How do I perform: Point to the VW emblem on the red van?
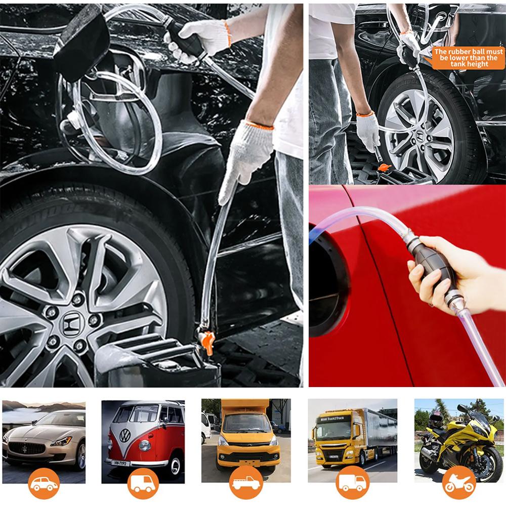(x=124, y=435)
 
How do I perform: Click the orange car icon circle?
(x=44, y=483)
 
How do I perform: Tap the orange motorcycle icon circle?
(x=458, y=483)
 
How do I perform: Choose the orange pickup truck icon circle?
(x=245, y=483)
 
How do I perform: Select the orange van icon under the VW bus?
(x=143, y=483)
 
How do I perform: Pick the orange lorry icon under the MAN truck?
(x=352, y=483)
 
